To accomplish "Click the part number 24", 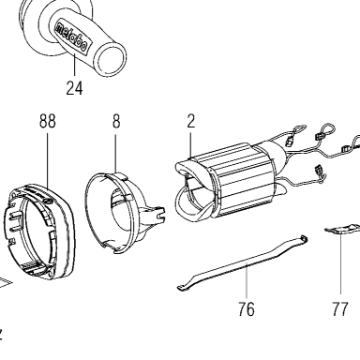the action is (x=74, y=88).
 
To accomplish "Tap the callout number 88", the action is (x=48, y=121).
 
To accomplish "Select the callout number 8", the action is (x=116, y=121).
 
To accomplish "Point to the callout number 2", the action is (x=191, y=121).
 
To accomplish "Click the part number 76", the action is (x=247, y=309).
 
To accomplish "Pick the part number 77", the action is (x=340, y=309).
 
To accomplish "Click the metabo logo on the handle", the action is (x=71, y=36).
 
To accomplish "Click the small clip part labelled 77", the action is (x=342, y=229).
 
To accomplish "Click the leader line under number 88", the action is (x=48, y=161).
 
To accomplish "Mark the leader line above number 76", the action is (x=247, y=282).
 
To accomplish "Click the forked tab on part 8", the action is (x=154, y=213).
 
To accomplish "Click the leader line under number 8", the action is (x=115, y=153).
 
